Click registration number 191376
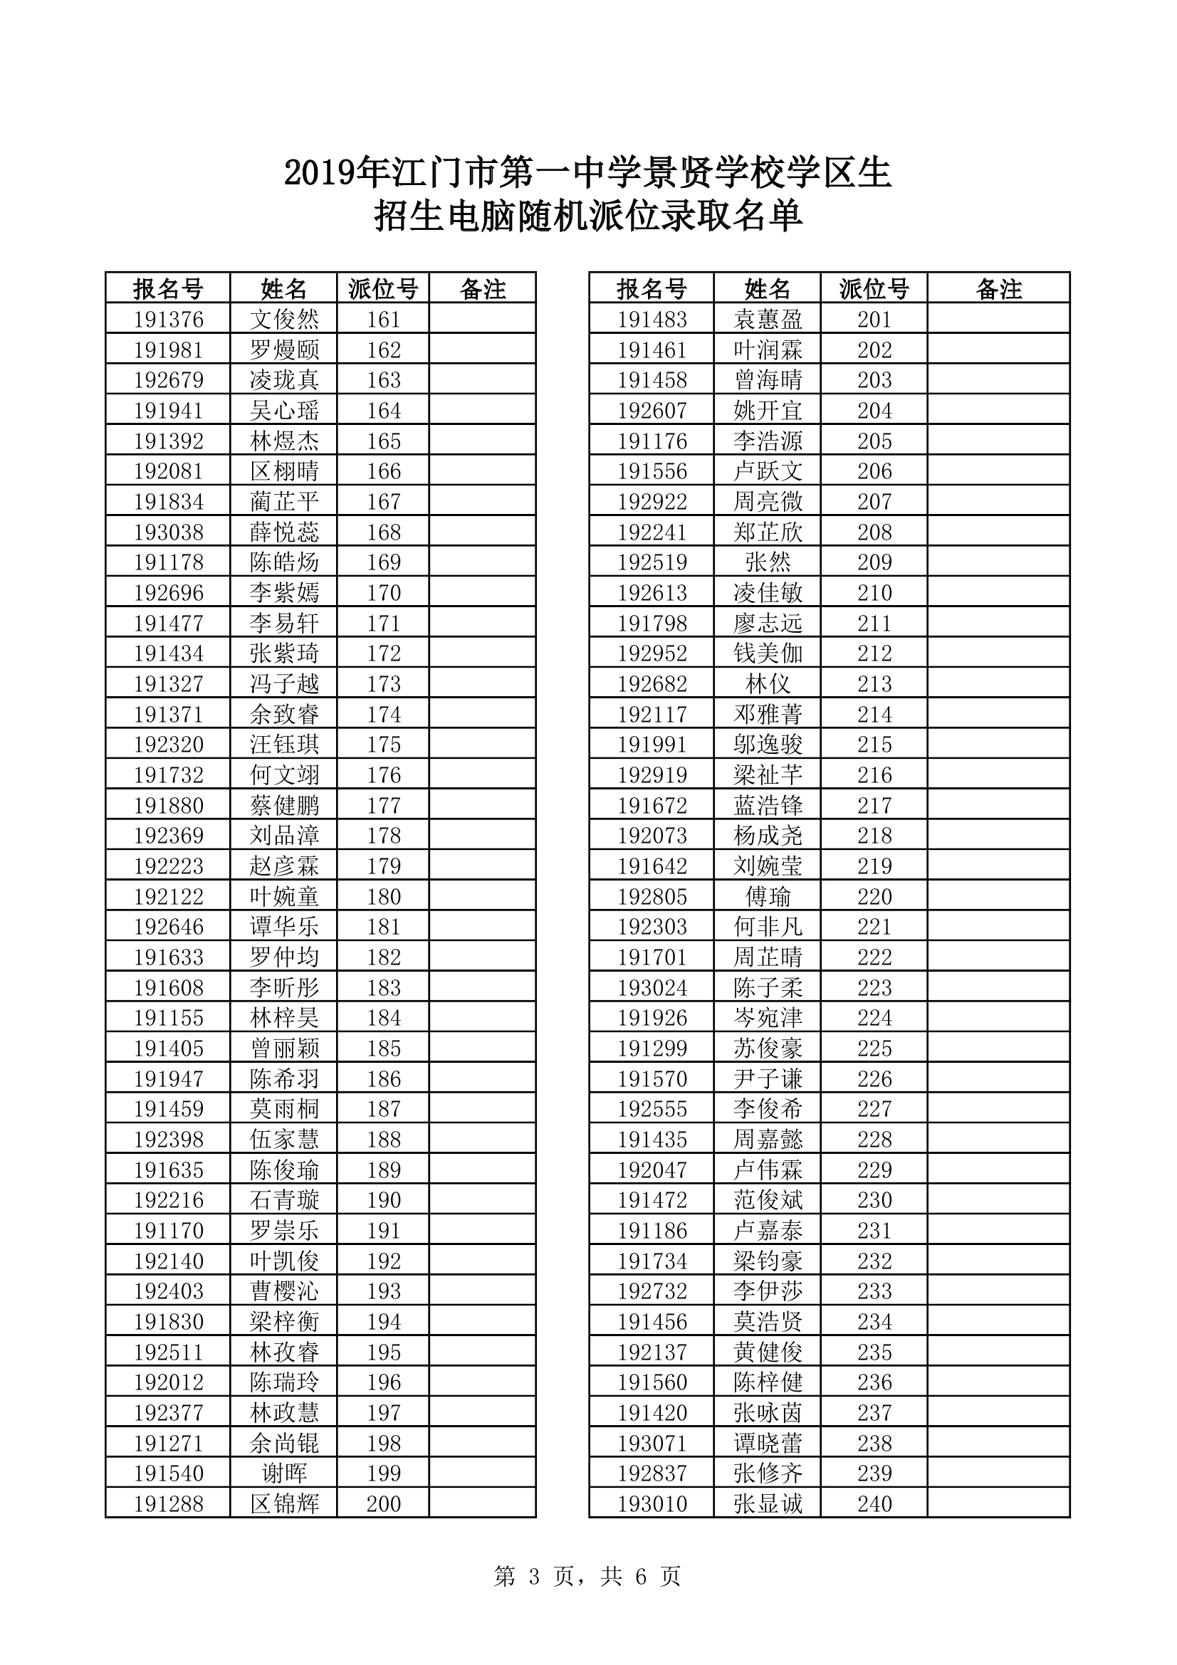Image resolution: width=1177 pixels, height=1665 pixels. (x=168, y=320)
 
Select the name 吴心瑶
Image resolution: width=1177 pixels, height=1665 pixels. (x=283, y=411)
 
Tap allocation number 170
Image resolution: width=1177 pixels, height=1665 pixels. (x=383, y=592)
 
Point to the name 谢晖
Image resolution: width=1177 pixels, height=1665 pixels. (x=283, y=1473)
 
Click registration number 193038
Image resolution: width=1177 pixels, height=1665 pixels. (x=168, y=532)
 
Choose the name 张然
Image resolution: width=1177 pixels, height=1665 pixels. (x=768, y=562)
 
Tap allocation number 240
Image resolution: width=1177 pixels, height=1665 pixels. (x=874, y=1503)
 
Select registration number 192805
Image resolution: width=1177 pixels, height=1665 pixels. (x=652, y=896)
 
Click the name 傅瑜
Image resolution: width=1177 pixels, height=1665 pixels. (x=768, y=896)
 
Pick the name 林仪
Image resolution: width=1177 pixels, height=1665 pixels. (x=768, y=684)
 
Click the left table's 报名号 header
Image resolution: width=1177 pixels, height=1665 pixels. (x=168, y=288)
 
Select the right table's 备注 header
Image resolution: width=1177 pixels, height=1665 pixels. (x=998, y=288)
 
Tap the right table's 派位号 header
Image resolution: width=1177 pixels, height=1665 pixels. (x=874, y=288)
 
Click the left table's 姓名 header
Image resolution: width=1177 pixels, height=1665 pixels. (x=283, y=288)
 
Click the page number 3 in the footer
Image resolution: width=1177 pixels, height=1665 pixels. (x=535, y=1576)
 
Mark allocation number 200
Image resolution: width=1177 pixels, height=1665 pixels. (x=383, y=1503)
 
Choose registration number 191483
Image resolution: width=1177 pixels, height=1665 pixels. (x=652, y=320)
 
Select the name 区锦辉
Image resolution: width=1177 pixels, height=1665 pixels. (x=283, y=1503)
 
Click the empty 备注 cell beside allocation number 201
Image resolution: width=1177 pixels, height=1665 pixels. (x=998, y=320)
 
